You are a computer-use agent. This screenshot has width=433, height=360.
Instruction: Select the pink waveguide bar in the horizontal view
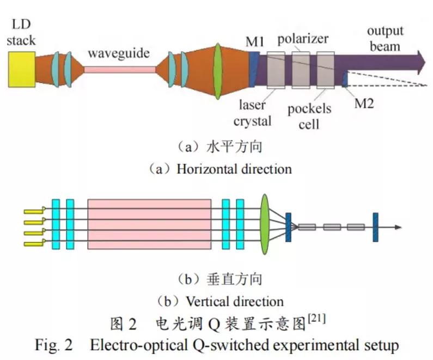click(x=119, y=70)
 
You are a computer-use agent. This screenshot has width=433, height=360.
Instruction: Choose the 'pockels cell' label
click(x=309, y=116)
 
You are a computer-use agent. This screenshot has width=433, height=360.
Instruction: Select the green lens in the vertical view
click(x=266, y=224)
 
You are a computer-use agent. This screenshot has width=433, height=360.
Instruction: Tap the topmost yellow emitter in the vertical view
click(x=33, y=211)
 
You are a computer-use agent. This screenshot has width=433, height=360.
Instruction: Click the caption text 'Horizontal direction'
click(x=234, y=169)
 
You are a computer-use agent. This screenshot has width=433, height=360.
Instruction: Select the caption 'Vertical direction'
click(x=234, y=301)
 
